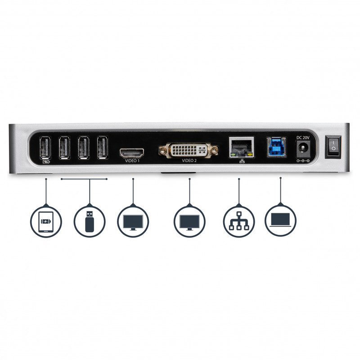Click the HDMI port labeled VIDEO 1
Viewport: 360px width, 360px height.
[x=131, y=153]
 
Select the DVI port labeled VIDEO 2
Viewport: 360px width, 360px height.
[x=189, y=150]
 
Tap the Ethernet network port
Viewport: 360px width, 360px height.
[x=242, y=147]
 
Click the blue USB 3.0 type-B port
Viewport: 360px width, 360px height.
[x=276, y=147]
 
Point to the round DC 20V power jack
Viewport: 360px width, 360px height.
[x=303, y=149]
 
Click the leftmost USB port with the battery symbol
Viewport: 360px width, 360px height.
[x=45, y=148]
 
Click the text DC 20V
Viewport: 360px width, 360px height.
[x=303, y=138]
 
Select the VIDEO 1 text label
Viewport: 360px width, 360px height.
[x=132, y=161]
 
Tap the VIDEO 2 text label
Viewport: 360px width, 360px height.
[x=189, y=161]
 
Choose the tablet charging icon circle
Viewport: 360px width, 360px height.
[x=46, y=221]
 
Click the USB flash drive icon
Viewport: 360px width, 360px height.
[x=90, y=221]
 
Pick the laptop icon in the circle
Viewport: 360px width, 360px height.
[x=280, y=220]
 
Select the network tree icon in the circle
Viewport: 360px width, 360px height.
[x=239, y=221]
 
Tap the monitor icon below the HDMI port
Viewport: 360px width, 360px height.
[x=133, y=222]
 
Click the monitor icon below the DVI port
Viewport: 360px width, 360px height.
[x=189, y=222]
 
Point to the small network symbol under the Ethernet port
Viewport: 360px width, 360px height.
[x=242, y=161]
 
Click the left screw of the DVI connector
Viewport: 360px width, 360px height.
[x=163, y=150]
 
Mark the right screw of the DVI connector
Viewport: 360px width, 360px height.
[x=214, y=150]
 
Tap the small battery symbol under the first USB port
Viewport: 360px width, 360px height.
[x=46, y=162]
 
